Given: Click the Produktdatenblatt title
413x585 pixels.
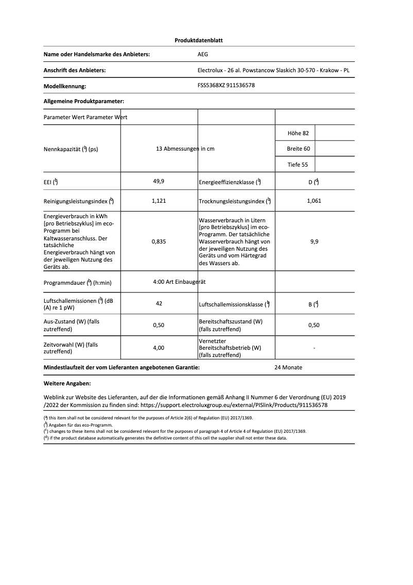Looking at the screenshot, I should [x=199, y=40].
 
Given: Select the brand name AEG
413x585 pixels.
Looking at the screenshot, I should [x=203, y=54].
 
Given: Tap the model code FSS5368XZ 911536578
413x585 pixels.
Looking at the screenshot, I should [x=226, y=86].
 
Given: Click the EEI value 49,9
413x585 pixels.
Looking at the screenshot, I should [x=159, y=182].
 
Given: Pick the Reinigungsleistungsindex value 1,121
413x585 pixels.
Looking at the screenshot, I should [x=159, y=201].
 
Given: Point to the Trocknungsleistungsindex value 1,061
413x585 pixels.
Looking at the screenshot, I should [x=314, y=201].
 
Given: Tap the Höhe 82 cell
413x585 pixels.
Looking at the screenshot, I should [x=298, y=133].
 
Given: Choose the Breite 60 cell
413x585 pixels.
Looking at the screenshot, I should [x=298, y=149].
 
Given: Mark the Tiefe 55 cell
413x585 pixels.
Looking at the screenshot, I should [x=298, y=165].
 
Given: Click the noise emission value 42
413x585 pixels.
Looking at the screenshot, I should [x=159, y=303].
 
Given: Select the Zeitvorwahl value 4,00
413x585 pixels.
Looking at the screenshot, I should [x=159, y=348].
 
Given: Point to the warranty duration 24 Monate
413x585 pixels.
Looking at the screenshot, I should [x=288, y=367].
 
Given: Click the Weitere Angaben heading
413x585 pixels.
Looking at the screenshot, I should [x=67, y=384].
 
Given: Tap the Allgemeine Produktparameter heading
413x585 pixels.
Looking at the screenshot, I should [x=84, y=102].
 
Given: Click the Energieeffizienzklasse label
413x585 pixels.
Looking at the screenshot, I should [x=230, y=182].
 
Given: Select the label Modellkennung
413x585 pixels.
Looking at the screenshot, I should [x=65, y=86].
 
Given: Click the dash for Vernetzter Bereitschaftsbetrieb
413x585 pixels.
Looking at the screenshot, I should [x=314, y=348].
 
